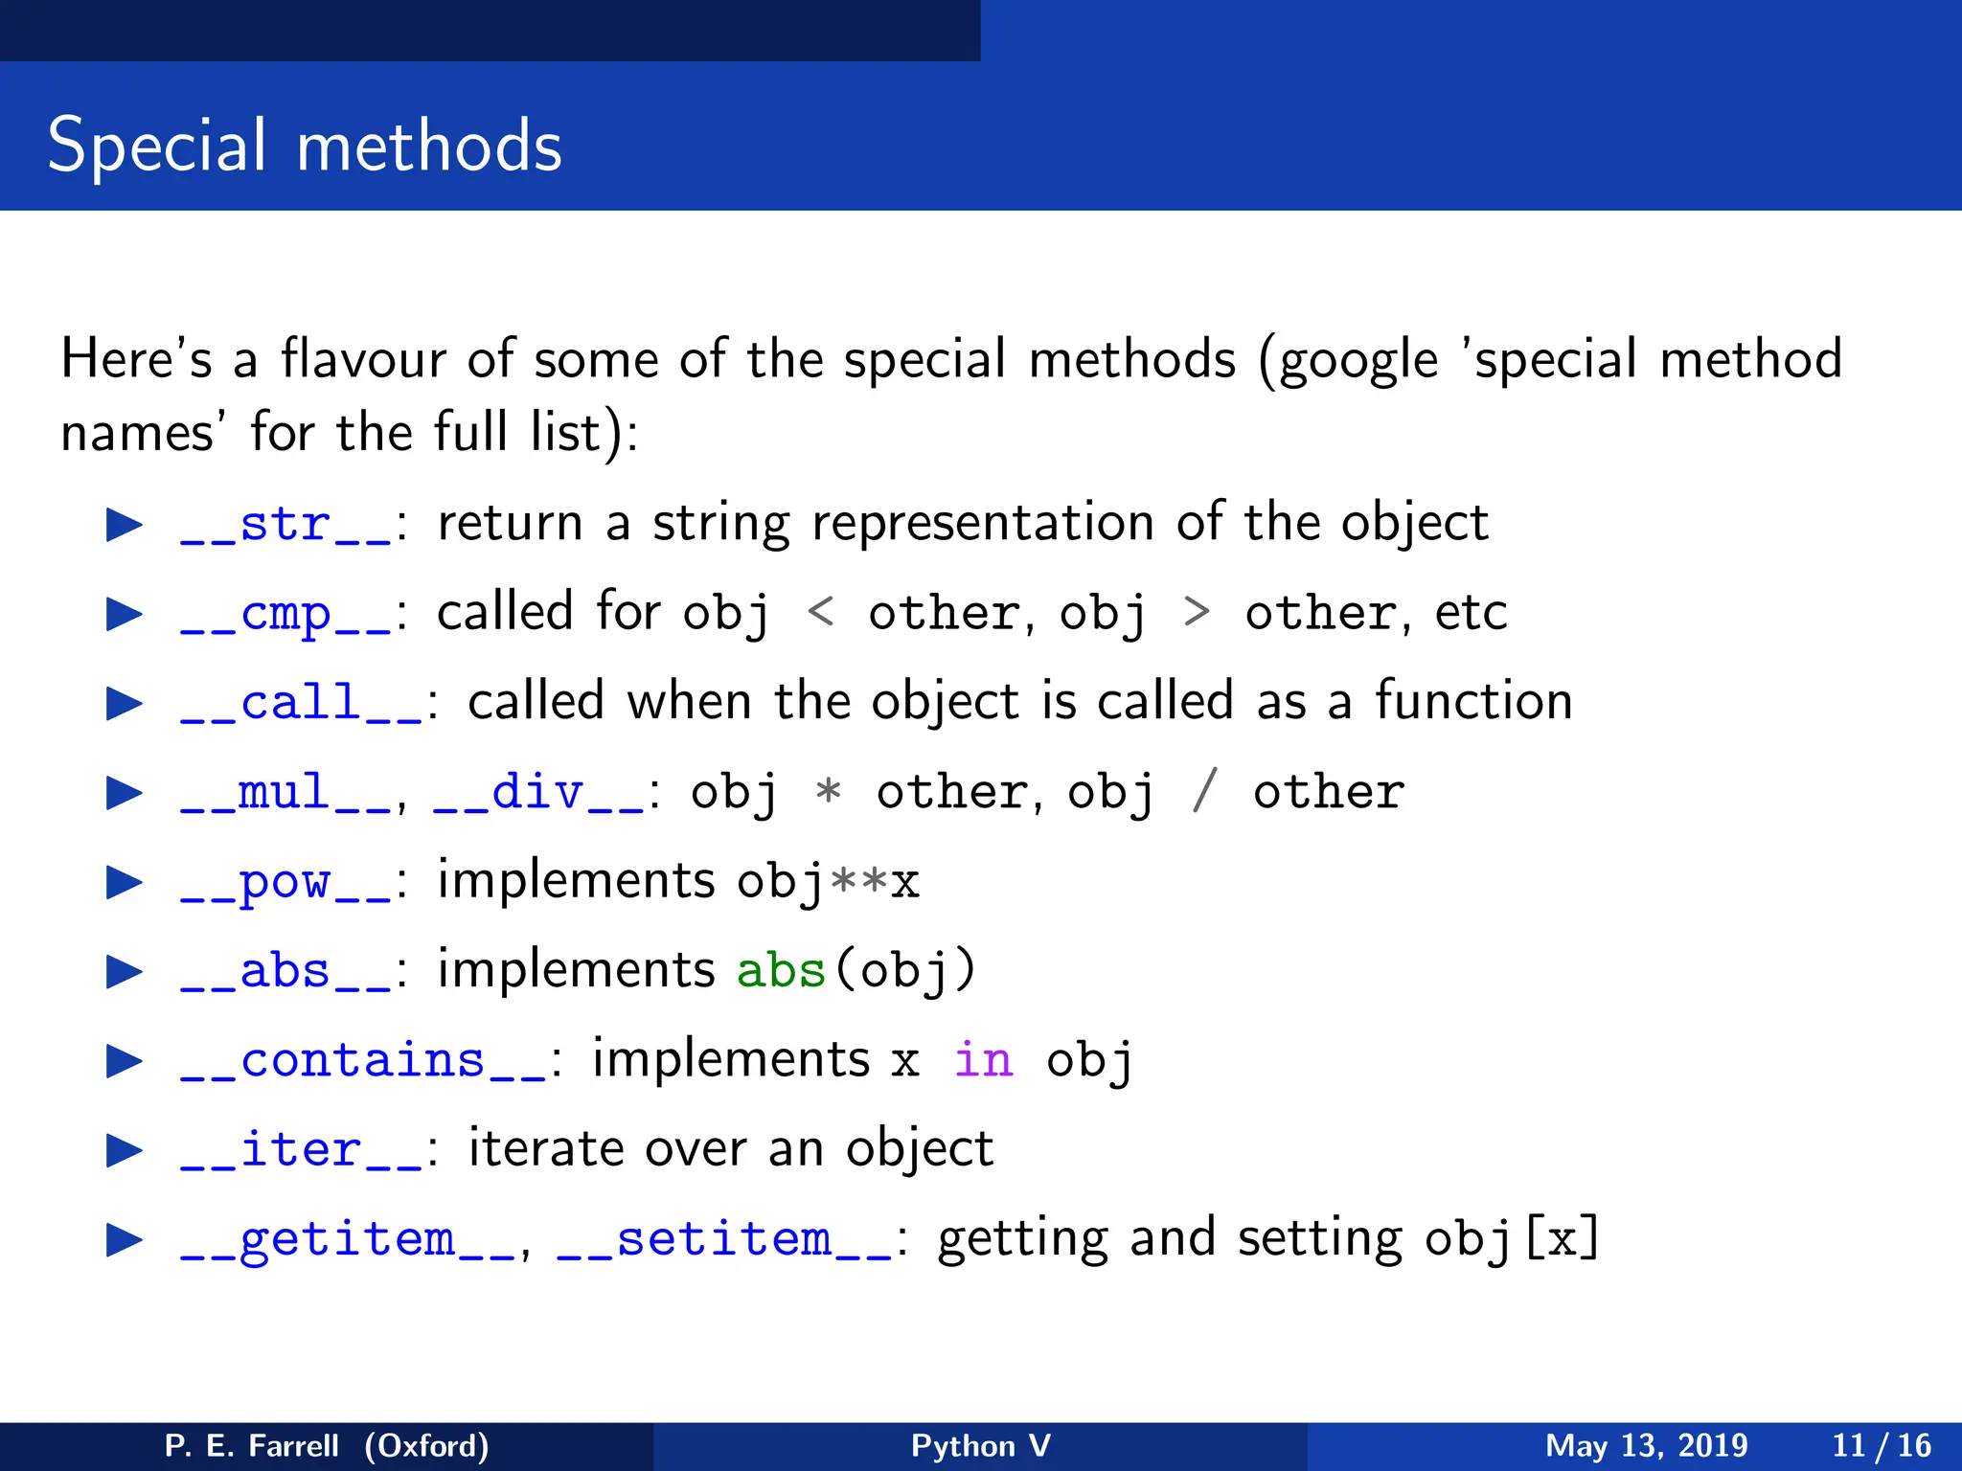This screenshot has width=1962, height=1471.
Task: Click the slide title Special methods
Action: point(305,146)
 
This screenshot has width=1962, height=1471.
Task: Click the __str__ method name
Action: point(285,525)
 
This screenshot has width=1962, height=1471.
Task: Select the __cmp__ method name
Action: point(285,614)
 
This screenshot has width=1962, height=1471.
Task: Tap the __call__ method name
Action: point(301,704)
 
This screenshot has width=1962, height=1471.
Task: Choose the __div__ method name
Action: point(538,793)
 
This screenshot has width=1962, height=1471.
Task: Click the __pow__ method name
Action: point(285,882)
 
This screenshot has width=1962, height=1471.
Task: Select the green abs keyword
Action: point(781,971)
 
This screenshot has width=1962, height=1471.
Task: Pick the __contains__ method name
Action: point(362,1061)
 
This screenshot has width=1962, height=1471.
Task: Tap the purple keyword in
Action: point(983,1061)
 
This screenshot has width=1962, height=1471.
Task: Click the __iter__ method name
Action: point(301,1150)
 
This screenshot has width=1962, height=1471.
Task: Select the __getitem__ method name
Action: point(347,1240)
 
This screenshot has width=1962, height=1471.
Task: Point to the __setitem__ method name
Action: point(724,1240)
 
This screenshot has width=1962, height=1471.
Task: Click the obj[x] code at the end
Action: point(1512,1240)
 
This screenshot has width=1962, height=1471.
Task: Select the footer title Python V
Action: point(980,1445)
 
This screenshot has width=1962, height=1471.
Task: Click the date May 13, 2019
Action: point(1646,1445)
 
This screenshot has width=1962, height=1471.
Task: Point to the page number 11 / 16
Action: point(1881,1445)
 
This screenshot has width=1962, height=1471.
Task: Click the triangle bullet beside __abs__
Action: point(124,972)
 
